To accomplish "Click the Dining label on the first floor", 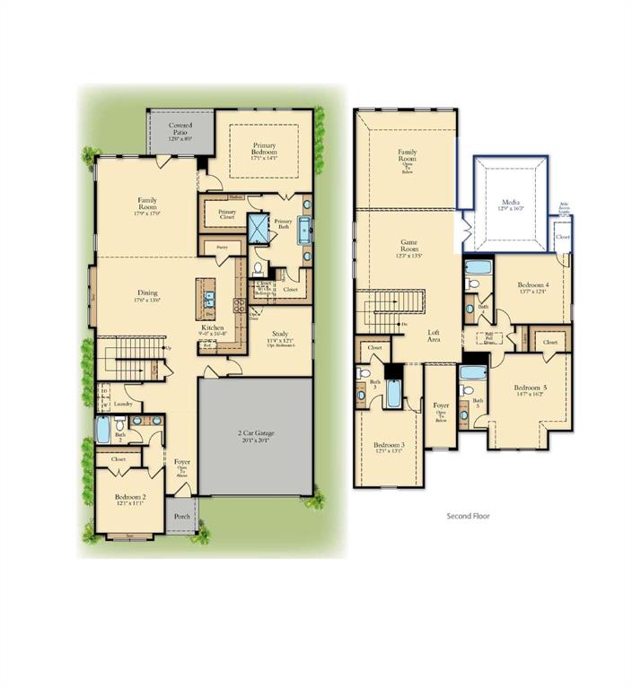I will tap(146, 292).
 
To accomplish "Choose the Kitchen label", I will tap(213, 328).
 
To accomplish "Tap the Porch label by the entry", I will tap(181, 516).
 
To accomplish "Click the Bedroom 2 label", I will tap(131, 497).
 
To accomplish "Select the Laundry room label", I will tap(124, 405).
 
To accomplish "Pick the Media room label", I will tap(511, 203).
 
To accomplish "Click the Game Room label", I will tap(408, 244).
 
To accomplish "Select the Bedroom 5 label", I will tap(531, 389).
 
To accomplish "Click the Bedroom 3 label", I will tap(390, 446).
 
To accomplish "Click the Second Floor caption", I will tap(469, 517).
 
